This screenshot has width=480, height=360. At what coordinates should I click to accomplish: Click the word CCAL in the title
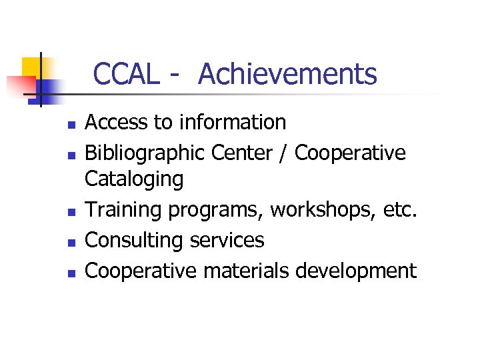(x=126, y=74)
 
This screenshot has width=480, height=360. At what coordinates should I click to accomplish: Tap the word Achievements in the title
(x=287, y=74)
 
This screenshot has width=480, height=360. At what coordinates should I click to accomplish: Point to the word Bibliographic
(x=145, y=153)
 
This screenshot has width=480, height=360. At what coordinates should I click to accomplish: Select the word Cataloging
(x=134, y=179)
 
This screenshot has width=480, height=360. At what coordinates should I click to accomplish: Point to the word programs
(x=216, y=211)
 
